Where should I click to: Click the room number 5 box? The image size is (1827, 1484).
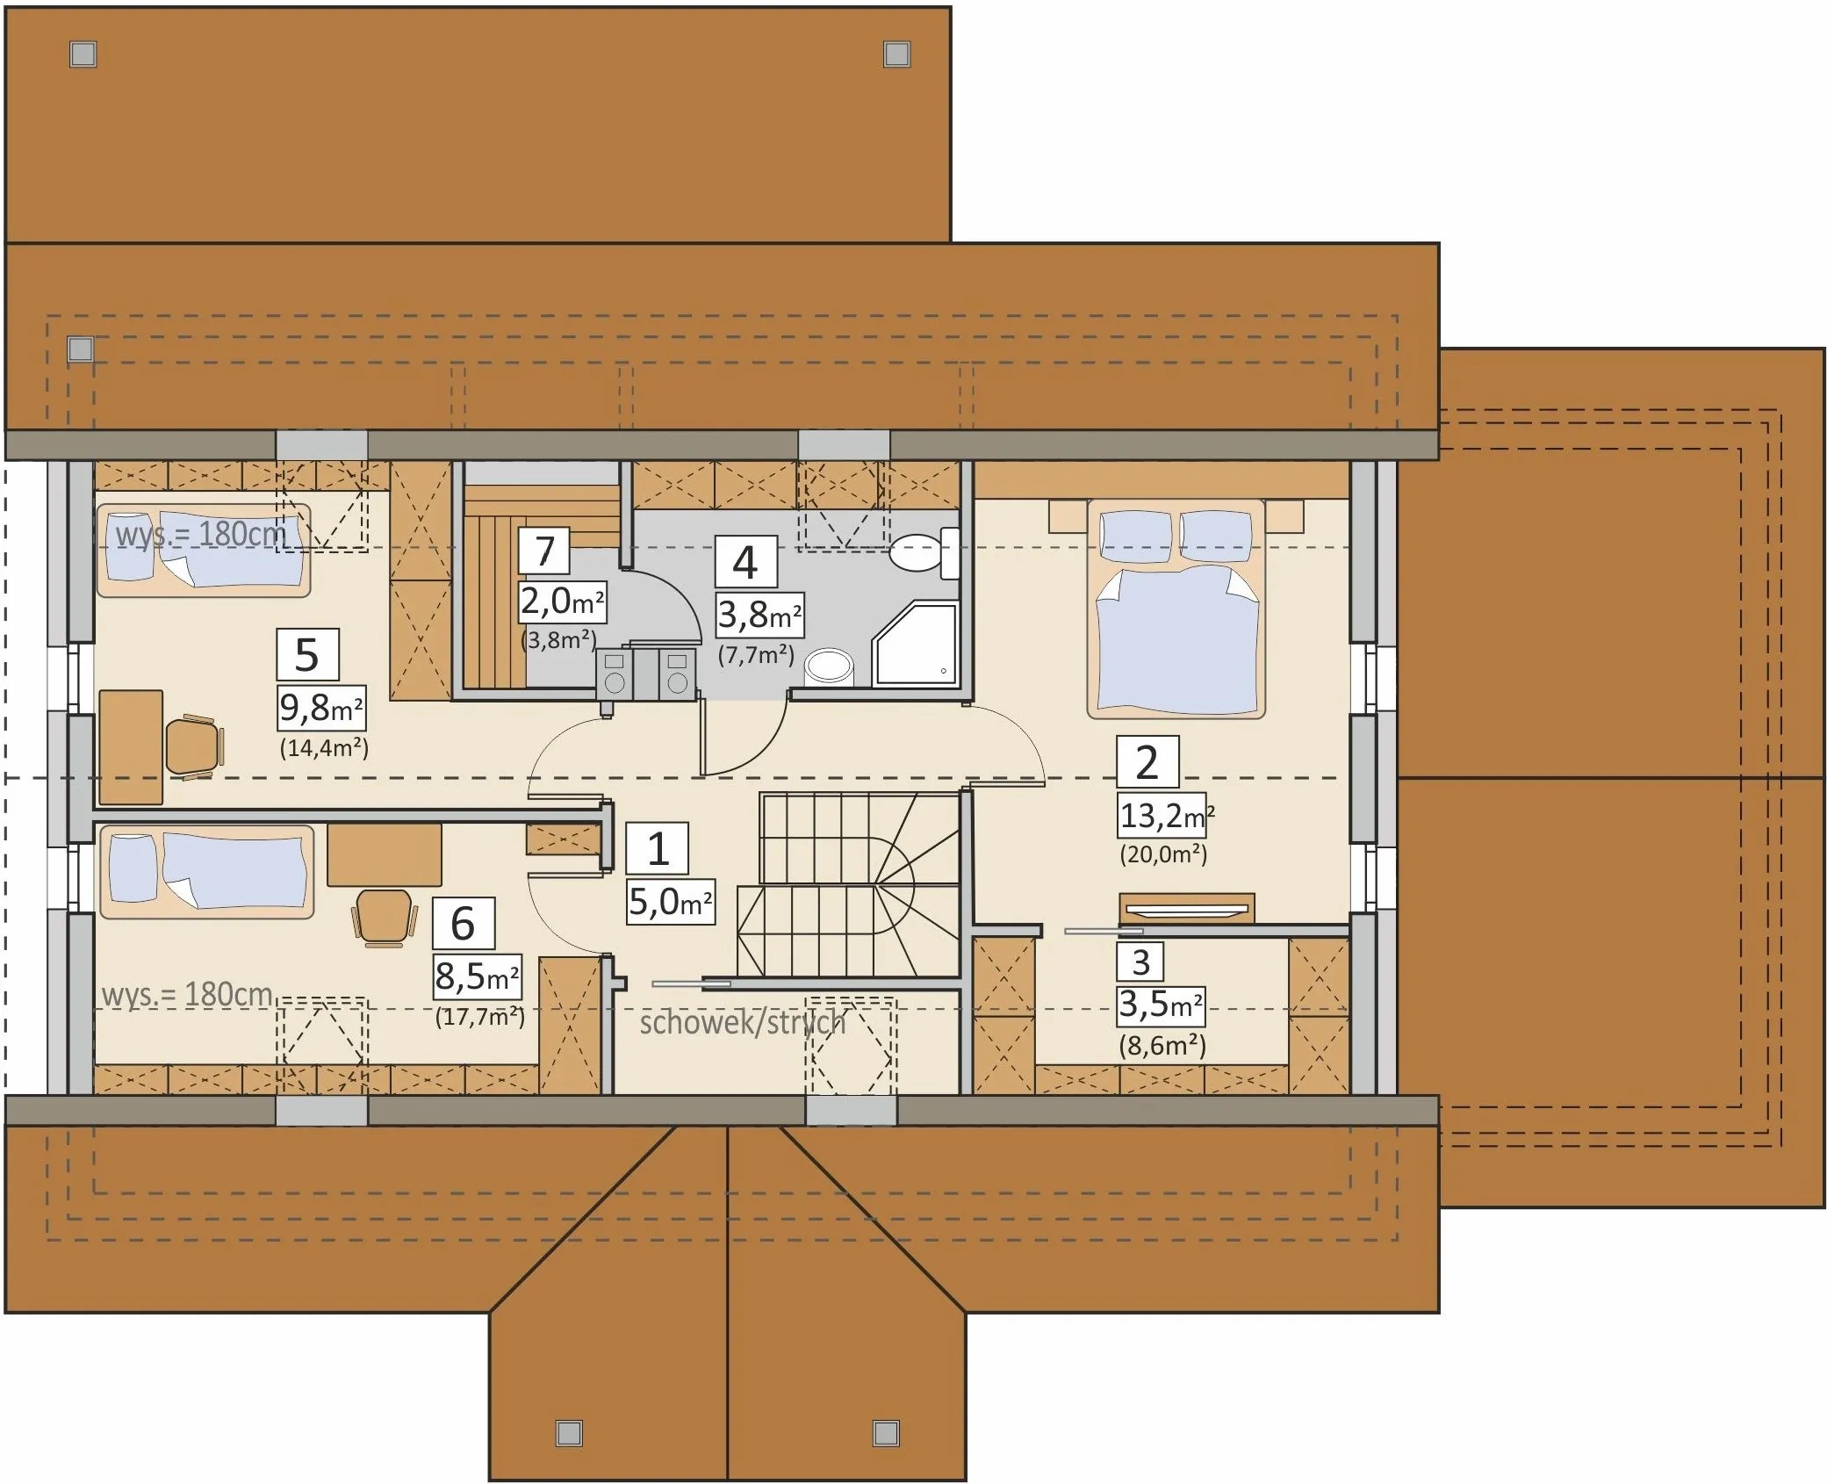coord(307,654)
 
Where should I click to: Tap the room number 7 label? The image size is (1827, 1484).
coord(544,551)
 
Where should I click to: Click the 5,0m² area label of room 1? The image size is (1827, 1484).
coord(671,901)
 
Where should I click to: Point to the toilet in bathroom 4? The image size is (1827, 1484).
coord(923,552)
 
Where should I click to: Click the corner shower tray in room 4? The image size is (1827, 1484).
coord(914,644)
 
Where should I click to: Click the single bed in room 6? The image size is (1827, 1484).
coord(206,871)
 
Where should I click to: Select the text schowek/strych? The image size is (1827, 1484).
coord(743,1023)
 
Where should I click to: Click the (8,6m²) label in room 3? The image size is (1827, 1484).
coord(1162,1045)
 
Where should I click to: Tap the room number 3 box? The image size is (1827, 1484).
coord(1140,962)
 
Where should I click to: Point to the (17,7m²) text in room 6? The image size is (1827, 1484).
coord(480,1017)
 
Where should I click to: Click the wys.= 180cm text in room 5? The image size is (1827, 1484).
coord(201,534)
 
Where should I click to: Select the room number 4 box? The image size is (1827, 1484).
coord(745,562)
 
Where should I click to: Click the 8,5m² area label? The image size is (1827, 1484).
coord(478,976)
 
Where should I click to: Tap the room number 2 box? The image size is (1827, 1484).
coord(1147,762)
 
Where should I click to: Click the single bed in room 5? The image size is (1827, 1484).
coord(204,551)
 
